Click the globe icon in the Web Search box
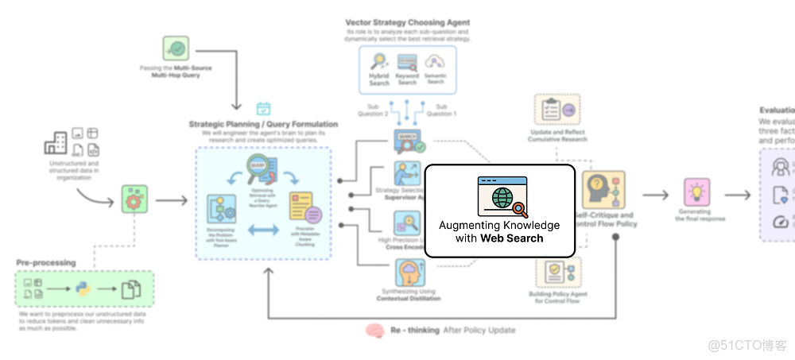pos(502,198)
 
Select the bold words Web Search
pos(512,238)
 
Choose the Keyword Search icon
pos(407,62)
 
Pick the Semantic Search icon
pos(435,62)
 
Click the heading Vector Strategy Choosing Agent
pos(407,22)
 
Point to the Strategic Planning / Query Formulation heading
pos(263,124)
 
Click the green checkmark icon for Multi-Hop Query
pos(176,48)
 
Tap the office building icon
pos(55,144)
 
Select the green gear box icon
pos(134,199)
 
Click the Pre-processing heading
pos(46,261)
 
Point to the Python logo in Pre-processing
pos(82,289)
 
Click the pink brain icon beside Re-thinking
pos(375,331)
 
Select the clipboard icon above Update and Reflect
pos(556,110)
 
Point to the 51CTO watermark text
pos(747,345)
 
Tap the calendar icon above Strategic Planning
pos(263,108)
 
